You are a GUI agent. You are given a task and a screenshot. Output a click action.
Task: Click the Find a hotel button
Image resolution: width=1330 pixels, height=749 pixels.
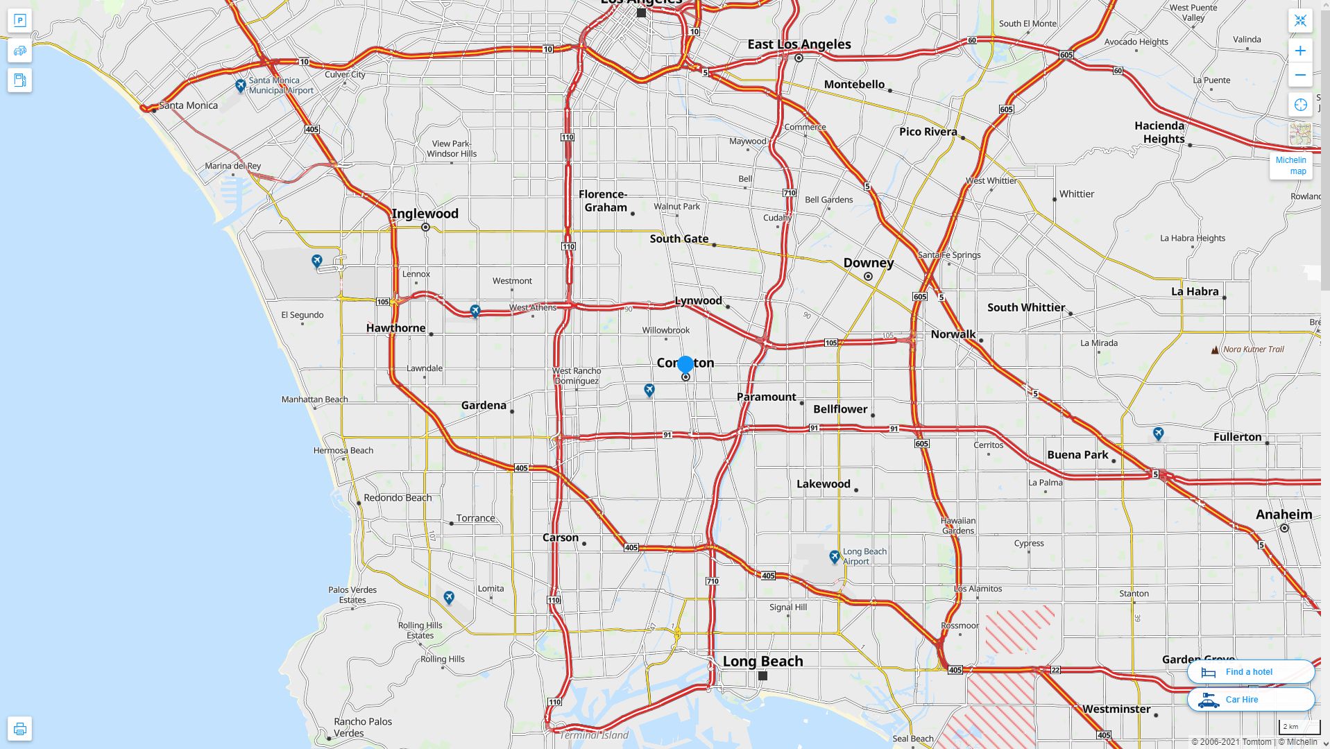[x=1250, y=671]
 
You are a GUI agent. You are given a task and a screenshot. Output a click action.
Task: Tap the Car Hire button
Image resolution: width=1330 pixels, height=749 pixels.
[x=1250, y=699]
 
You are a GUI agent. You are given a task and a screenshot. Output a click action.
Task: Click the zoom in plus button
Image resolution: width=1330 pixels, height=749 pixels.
[x=1300, y=51]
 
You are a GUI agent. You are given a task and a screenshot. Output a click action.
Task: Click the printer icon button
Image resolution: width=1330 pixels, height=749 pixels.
[x=19, y=728]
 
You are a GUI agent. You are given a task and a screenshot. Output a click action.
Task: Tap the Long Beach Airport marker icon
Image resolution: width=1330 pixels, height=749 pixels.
[x=835, y=556]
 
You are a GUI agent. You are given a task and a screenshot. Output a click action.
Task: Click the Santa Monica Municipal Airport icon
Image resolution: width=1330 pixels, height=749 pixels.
[x=240, y=85]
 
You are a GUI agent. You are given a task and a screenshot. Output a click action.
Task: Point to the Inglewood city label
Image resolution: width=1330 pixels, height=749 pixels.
[x=425, y=214]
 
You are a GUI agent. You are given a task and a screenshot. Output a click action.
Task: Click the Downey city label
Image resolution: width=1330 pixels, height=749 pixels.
[x=868, y=263]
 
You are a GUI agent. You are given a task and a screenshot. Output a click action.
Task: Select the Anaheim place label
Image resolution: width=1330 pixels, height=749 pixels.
[x=1284, y=515]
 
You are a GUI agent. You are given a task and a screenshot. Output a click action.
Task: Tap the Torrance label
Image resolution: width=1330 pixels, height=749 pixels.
[x=475, y=518]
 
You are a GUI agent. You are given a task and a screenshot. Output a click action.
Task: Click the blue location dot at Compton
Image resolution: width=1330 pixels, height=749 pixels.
[x=685, y=364]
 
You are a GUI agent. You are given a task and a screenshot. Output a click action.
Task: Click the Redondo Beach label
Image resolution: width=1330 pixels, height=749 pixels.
[x=398, y=497]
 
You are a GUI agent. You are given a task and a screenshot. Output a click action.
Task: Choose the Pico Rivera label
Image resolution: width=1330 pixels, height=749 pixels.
[x=928, y=132]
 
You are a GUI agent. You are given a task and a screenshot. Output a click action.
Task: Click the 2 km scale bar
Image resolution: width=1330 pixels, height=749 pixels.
[x=1299, y=728]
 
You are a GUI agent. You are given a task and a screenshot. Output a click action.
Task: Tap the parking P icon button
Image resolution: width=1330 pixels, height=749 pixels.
[x=19, y=21]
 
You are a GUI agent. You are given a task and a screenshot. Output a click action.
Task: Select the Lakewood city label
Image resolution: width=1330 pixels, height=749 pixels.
[x=823, y=484]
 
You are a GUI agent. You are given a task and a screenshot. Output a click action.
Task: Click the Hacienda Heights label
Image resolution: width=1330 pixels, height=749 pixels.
[x=1159, y=132]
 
